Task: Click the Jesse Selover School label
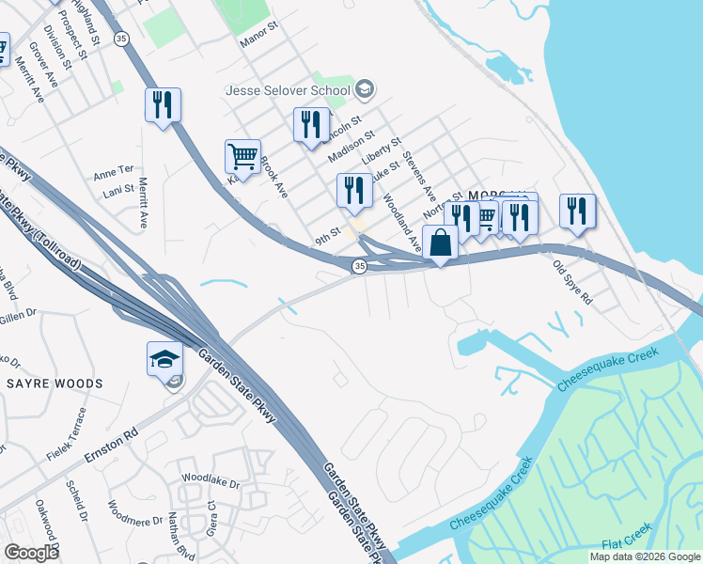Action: click(287, 91)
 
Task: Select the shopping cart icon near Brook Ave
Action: click(242, 157)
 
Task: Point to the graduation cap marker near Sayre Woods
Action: click(164, 359)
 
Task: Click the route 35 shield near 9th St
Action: click(359, 268)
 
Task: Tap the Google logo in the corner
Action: click(32, 552)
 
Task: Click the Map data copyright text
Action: click(645, 556)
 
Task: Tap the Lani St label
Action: click(117, 189)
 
